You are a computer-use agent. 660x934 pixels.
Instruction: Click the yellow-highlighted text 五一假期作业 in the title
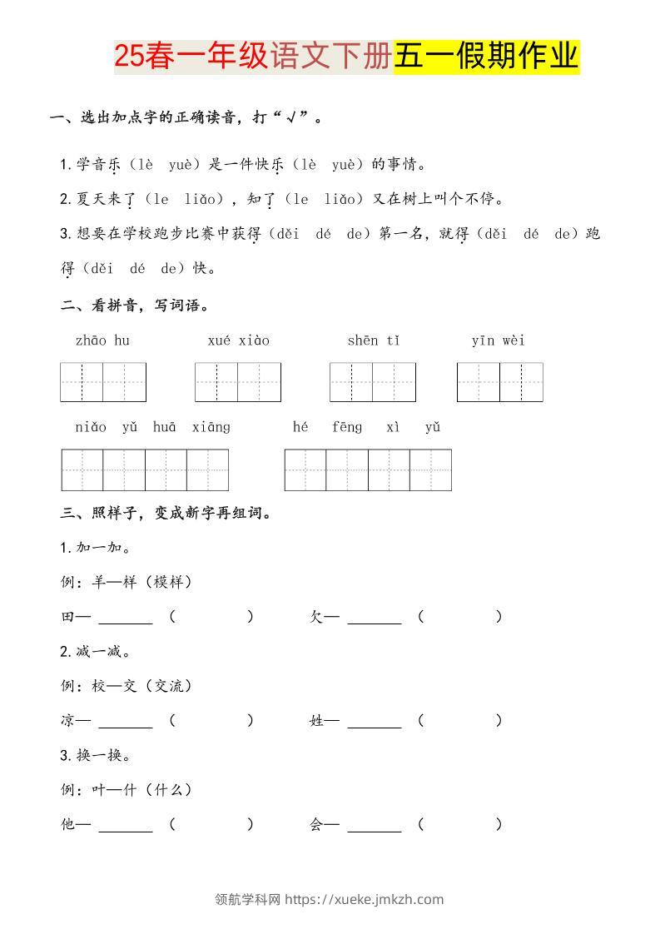(x=486, y=57)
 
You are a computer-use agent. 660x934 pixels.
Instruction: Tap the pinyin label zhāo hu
(x=102, y=340)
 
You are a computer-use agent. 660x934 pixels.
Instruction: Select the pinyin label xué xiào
(x=238, y=340)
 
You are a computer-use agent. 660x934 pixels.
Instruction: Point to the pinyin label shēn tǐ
(x=374, y=340)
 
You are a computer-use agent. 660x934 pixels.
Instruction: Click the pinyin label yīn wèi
(x=498, y=340)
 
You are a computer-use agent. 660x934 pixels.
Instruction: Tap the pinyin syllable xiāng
(x=211, y=427)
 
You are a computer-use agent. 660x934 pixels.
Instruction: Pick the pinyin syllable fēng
(x=347, y=427)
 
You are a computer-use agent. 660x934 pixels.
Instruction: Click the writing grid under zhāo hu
(x=103, y=382)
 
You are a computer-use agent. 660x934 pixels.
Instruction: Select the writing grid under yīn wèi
(x=499, y=382)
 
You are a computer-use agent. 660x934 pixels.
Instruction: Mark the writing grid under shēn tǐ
(x=372, y=382)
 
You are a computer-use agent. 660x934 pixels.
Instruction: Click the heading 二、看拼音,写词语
(x=135, y=306)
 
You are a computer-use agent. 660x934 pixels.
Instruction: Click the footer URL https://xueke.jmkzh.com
(x=364, y=899)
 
